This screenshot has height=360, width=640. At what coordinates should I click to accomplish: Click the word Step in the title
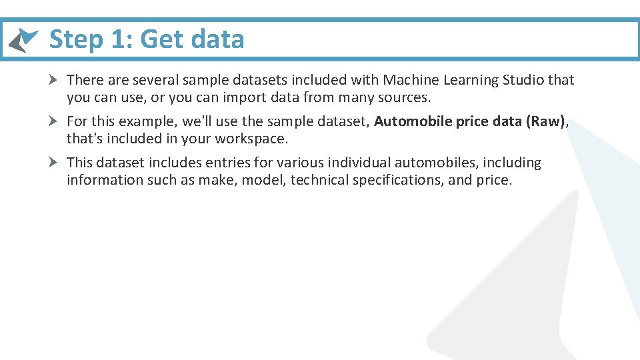click(75, 40)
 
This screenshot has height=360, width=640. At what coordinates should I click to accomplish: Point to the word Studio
click(523, 80)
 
